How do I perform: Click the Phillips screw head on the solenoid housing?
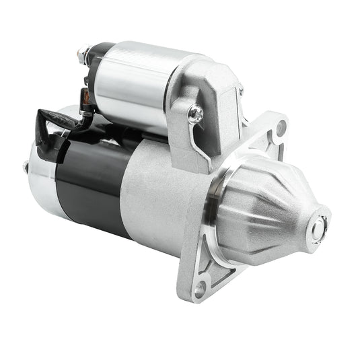[x=196, y=115]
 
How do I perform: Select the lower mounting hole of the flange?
[x=199, y=289]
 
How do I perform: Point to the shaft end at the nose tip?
[x=316, y=228]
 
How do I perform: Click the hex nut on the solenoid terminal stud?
[x=84, y=54]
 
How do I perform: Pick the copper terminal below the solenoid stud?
[x=86, y=98]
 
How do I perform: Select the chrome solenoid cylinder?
[x=131, y=81]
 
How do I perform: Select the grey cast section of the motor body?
[x=161, y=195]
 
